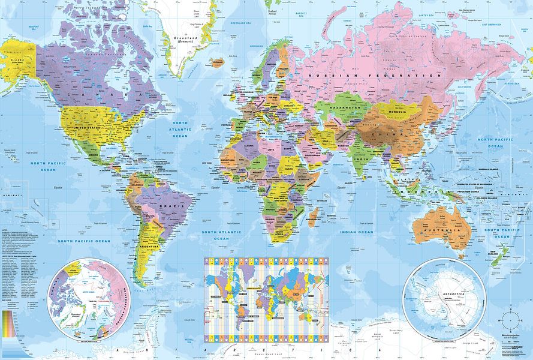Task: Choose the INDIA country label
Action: coord(360,160)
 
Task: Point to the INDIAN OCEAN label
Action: coord(356,232)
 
